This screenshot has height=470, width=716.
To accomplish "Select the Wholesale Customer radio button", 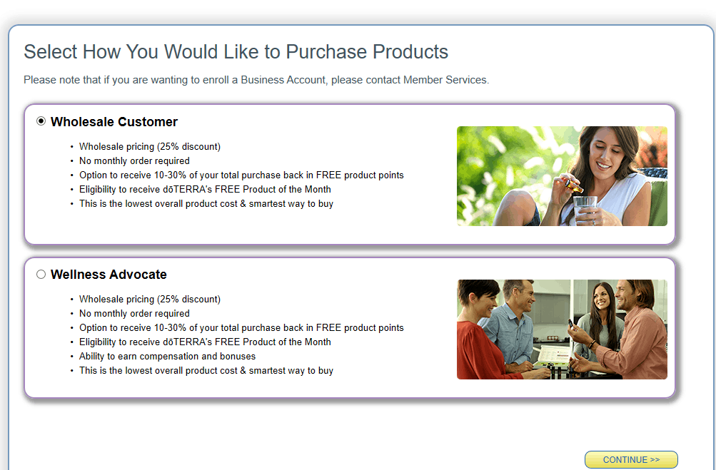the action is [x=41, y=121].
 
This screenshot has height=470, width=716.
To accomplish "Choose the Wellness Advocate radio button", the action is [x=41, y=275].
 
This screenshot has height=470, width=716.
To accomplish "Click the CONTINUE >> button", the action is [x=631, y=459].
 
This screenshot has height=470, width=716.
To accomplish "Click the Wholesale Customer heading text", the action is [x=114, y=122].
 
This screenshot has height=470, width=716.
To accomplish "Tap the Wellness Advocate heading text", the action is [x=109, y=275].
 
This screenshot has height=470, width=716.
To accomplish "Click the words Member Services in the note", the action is [x=445, y=80].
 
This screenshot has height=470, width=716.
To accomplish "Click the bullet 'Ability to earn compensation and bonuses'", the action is [x=167, y=357].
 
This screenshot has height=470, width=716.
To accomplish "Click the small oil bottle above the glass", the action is [x=573, y=185].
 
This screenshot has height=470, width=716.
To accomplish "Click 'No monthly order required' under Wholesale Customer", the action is [x=134, y=161].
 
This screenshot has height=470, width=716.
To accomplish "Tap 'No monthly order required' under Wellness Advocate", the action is [x=134, y=314].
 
